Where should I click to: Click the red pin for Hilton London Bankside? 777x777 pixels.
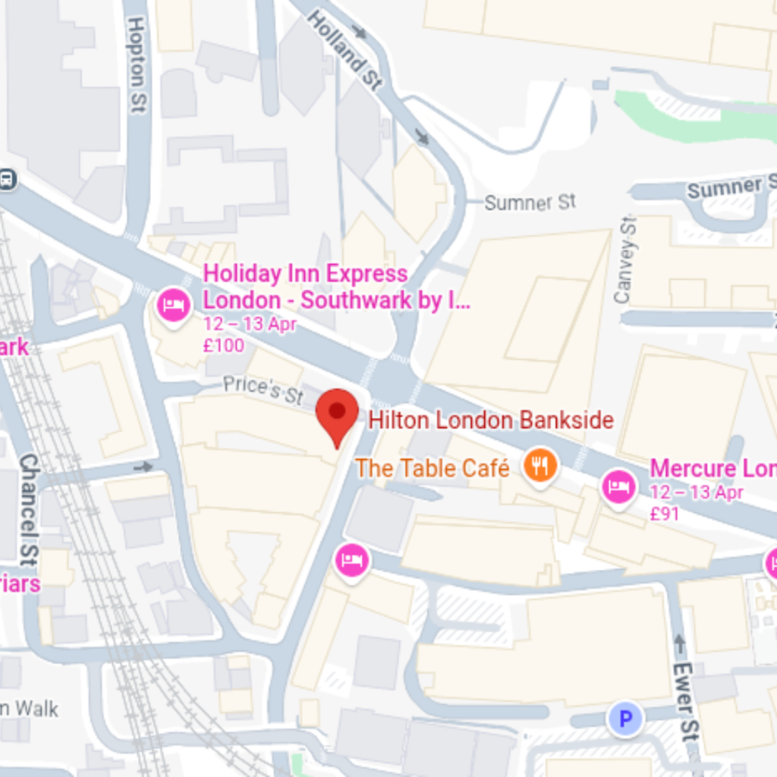tap(337, 414)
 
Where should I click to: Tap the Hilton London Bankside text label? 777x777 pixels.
tap(490, 420)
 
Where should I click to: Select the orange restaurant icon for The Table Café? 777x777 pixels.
tap(539, 465)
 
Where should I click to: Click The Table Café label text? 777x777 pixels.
tap(433, 468)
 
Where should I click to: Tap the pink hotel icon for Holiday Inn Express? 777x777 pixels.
tap(174, 306)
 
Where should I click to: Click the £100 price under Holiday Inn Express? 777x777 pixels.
tap(224, 346)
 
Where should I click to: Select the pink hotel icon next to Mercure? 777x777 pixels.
tap(619, 487)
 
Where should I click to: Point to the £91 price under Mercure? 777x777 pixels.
tap(665, 514)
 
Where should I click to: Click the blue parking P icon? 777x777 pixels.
tap(625, 719)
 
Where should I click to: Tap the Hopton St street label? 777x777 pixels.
tap(137, 65)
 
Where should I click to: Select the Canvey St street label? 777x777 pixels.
tap(625, 260)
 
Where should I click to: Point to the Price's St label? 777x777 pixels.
tap(263, 389)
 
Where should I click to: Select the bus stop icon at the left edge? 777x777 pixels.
tap(7, 179)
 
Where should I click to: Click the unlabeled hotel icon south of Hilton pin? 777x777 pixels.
tap(351, 561)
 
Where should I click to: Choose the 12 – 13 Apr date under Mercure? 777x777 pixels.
tap(696, 492)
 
